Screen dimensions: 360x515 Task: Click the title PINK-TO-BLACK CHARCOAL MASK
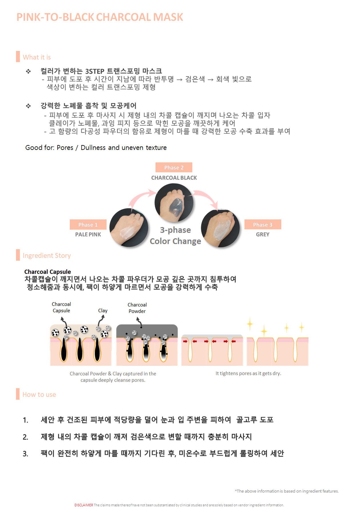tap(100, 17)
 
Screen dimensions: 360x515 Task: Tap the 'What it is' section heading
tap(37, 57)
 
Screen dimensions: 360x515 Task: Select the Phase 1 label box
tap(88, 225)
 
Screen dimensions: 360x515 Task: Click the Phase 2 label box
tap(174, 167)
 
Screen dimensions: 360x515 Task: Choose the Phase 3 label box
tap(263, 225)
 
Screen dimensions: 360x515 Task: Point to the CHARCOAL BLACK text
tap(174, 178)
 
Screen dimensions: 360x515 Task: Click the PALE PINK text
tap(88, 234)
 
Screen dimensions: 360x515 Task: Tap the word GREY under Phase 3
tap(263, 234)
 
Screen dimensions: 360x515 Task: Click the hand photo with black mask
tap(174, 203)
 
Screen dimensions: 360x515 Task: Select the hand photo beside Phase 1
tap(129, 227)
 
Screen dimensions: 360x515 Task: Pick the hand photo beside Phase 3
tap(220, 228)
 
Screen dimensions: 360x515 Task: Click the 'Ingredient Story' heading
tap(47, 255)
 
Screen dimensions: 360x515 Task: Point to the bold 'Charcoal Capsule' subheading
tap(48, 272)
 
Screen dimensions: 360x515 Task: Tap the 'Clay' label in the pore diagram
tap(103, 310)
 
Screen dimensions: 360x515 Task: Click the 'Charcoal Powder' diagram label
tap(137, 308)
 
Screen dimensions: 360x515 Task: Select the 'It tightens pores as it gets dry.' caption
tap(248, 373)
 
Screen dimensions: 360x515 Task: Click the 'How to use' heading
tap(39, 394)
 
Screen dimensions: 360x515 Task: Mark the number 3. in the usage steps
tap(25, 454)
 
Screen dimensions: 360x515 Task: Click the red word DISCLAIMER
tap(84, 505)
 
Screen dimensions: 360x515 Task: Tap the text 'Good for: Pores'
tap(49, 148)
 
